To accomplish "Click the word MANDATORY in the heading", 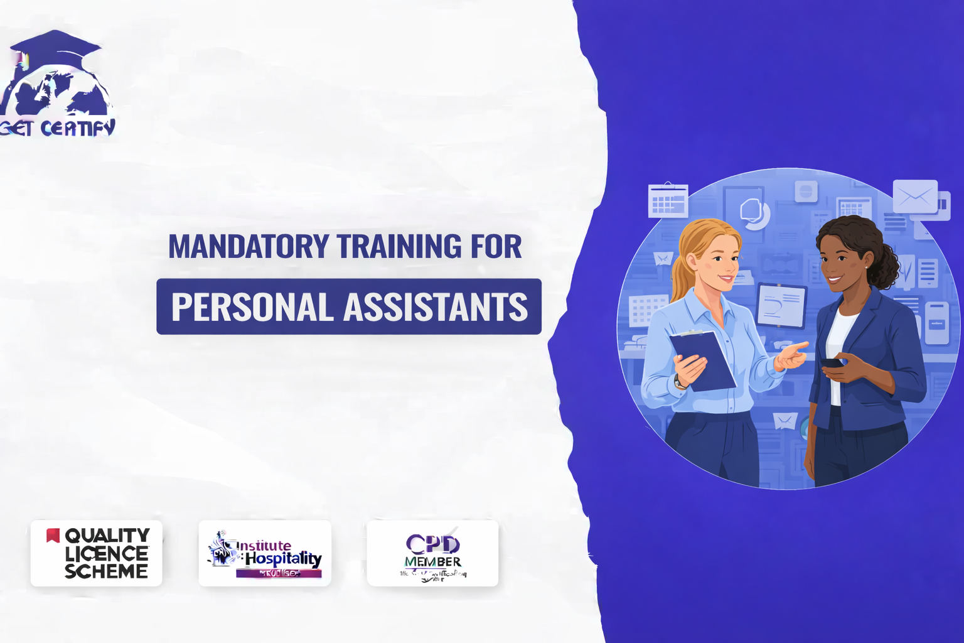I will point(249,246).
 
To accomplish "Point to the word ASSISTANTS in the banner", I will point(436,307).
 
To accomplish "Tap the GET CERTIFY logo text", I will point(60,128).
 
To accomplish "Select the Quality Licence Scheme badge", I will point(96,553).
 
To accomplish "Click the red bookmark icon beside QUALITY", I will point(53,535).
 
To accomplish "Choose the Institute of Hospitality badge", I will point(264,553).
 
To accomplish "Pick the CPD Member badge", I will point(432,553).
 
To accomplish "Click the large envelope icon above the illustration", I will point(915,197).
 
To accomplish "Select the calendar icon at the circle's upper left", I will point(668,200).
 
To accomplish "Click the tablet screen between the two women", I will point(781,305).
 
